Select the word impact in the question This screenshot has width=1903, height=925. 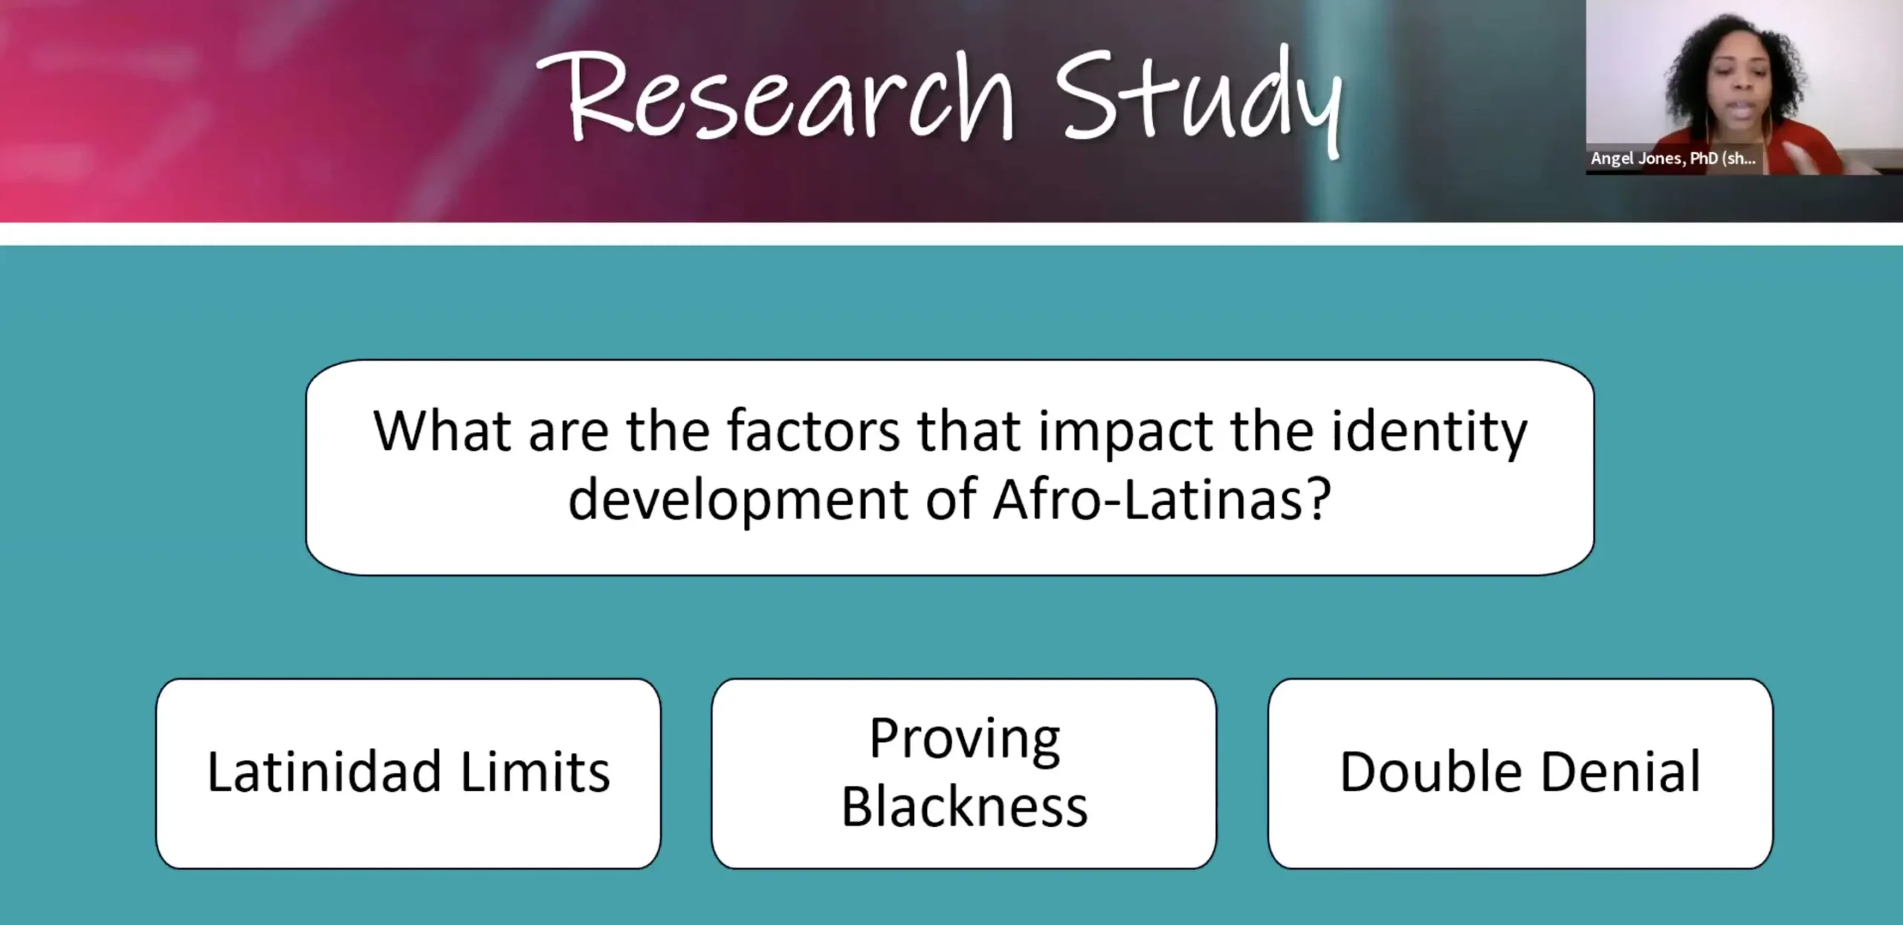(1126, 434)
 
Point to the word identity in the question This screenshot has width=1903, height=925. (1429, 434)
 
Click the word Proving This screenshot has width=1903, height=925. (965, 740)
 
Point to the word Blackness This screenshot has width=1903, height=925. (965, 807)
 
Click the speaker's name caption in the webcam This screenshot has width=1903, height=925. (1673, 158)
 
